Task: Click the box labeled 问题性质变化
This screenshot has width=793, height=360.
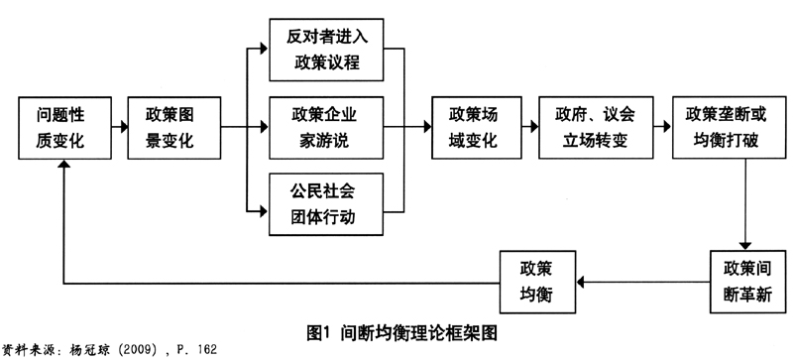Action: tap(61, 129)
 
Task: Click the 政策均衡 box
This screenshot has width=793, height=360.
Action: tap(535, 283)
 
